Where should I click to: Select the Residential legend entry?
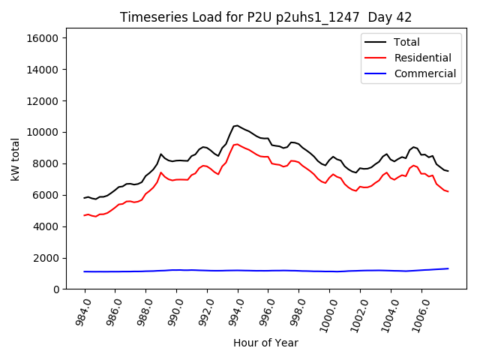pos(422,58)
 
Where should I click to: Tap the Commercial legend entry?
pos(424,73)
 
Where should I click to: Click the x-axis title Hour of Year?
pos(265,343)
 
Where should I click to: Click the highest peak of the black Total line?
pos(238,125)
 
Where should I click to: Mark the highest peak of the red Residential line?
pos(238,144)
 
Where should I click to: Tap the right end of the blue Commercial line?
pos(448,268)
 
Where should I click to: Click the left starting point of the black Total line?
pos(84,198)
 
